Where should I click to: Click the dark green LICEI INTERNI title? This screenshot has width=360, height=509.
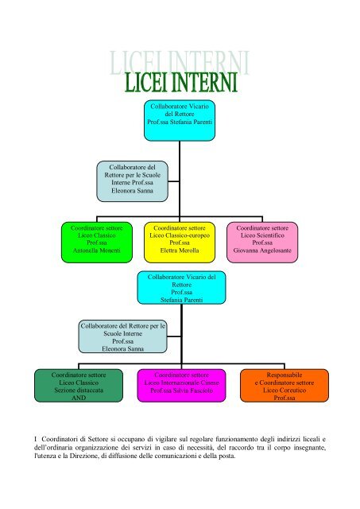click(181, 82)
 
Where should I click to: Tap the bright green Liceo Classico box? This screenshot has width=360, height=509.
click(97, 242)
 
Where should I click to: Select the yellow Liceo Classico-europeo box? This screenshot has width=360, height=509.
click(180, 242)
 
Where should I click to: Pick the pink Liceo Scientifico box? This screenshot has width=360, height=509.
click(262, 242)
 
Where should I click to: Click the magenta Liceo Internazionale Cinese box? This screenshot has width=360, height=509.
click(181, 385)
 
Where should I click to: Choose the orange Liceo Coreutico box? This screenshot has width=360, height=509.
click(285, 385)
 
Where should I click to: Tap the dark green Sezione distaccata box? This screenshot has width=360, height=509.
click(79, 385)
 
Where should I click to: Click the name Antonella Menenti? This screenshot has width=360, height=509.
click(97, 251)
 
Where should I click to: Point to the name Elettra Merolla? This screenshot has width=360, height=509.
click(180, 251)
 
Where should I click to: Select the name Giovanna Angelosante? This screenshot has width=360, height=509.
click(262, 251)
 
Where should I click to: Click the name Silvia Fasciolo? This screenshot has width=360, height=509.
click(192, 390)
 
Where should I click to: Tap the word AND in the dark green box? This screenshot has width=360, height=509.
click(79, 398)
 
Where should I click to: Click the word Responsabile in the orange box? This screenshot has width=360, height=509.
click(285, 375)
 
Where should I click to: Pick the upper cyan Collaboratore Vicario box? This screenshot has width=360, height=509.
click(180, 120)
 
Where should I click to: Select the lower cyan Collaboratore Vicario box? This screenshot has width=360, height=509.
click(181, 288)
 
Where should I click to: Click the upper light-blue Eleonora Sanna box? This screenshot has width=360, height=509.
click(133, 181)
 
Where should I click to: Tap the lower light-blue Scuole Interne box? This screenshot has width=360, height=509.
click(122, 336)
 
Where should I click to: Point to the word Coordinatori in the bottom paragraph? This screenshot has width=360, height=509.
click(60, 439)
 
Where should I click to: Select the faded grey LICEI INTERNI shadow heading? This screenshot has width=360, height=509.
click(179, 62)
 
